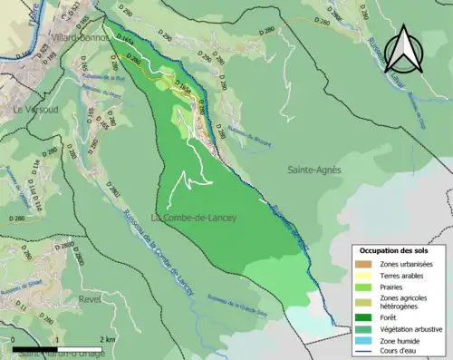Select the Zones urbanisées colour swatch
pyautogui.click(x=363, y=263)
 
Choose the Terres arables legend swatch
pyautogui.click(x=363, y=275)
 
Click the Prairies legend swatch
pyautogui.click(x=363, y=287)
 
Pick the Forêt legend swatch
pyautogui.click(x=363, y=317)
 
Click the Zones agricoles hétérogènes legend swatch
pyautogui.click(x=363, y=302)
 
